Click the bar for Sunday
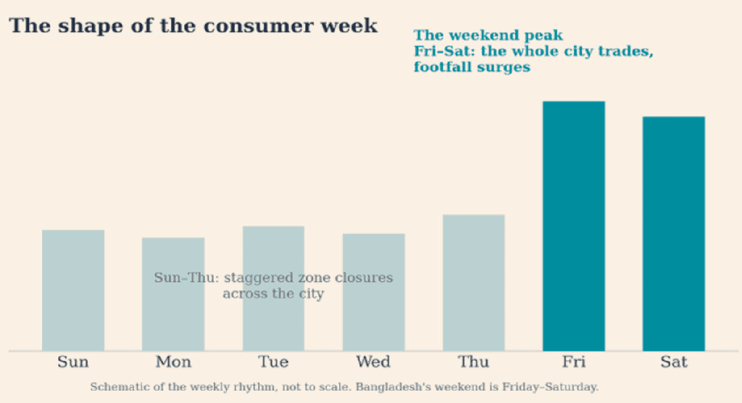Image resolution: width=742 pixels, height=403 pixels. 73,291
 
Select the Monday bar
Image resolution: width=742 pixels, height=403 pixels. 173,294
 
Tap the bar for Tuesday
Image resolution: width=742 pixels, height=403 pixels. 273,288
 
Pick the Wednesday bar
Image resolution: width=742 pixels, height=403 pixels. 374,292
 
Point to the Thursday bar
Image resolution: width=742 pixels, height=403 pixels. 474,283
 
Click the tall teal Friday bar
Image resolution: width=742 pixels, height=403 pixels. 574,226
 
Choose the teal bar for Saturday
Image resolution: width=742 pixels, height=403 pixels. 674,233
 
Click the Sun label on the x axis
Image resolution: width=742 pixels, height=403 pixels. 73,362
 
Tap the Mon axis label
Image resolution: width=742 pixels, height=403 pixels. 173,362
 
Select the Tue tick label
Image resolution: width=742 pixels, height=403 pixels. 273,362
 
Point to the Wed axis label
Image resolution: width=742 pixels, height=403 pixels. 373,362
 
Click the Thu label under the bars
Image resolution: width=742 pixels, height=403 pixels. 474,362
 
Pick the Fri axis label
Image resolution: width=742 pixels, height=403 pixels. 574,362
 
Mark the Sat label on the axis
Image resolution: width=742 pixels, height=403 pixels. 674,362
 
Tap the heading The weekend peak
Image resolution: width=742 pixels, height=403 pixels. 488,36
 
